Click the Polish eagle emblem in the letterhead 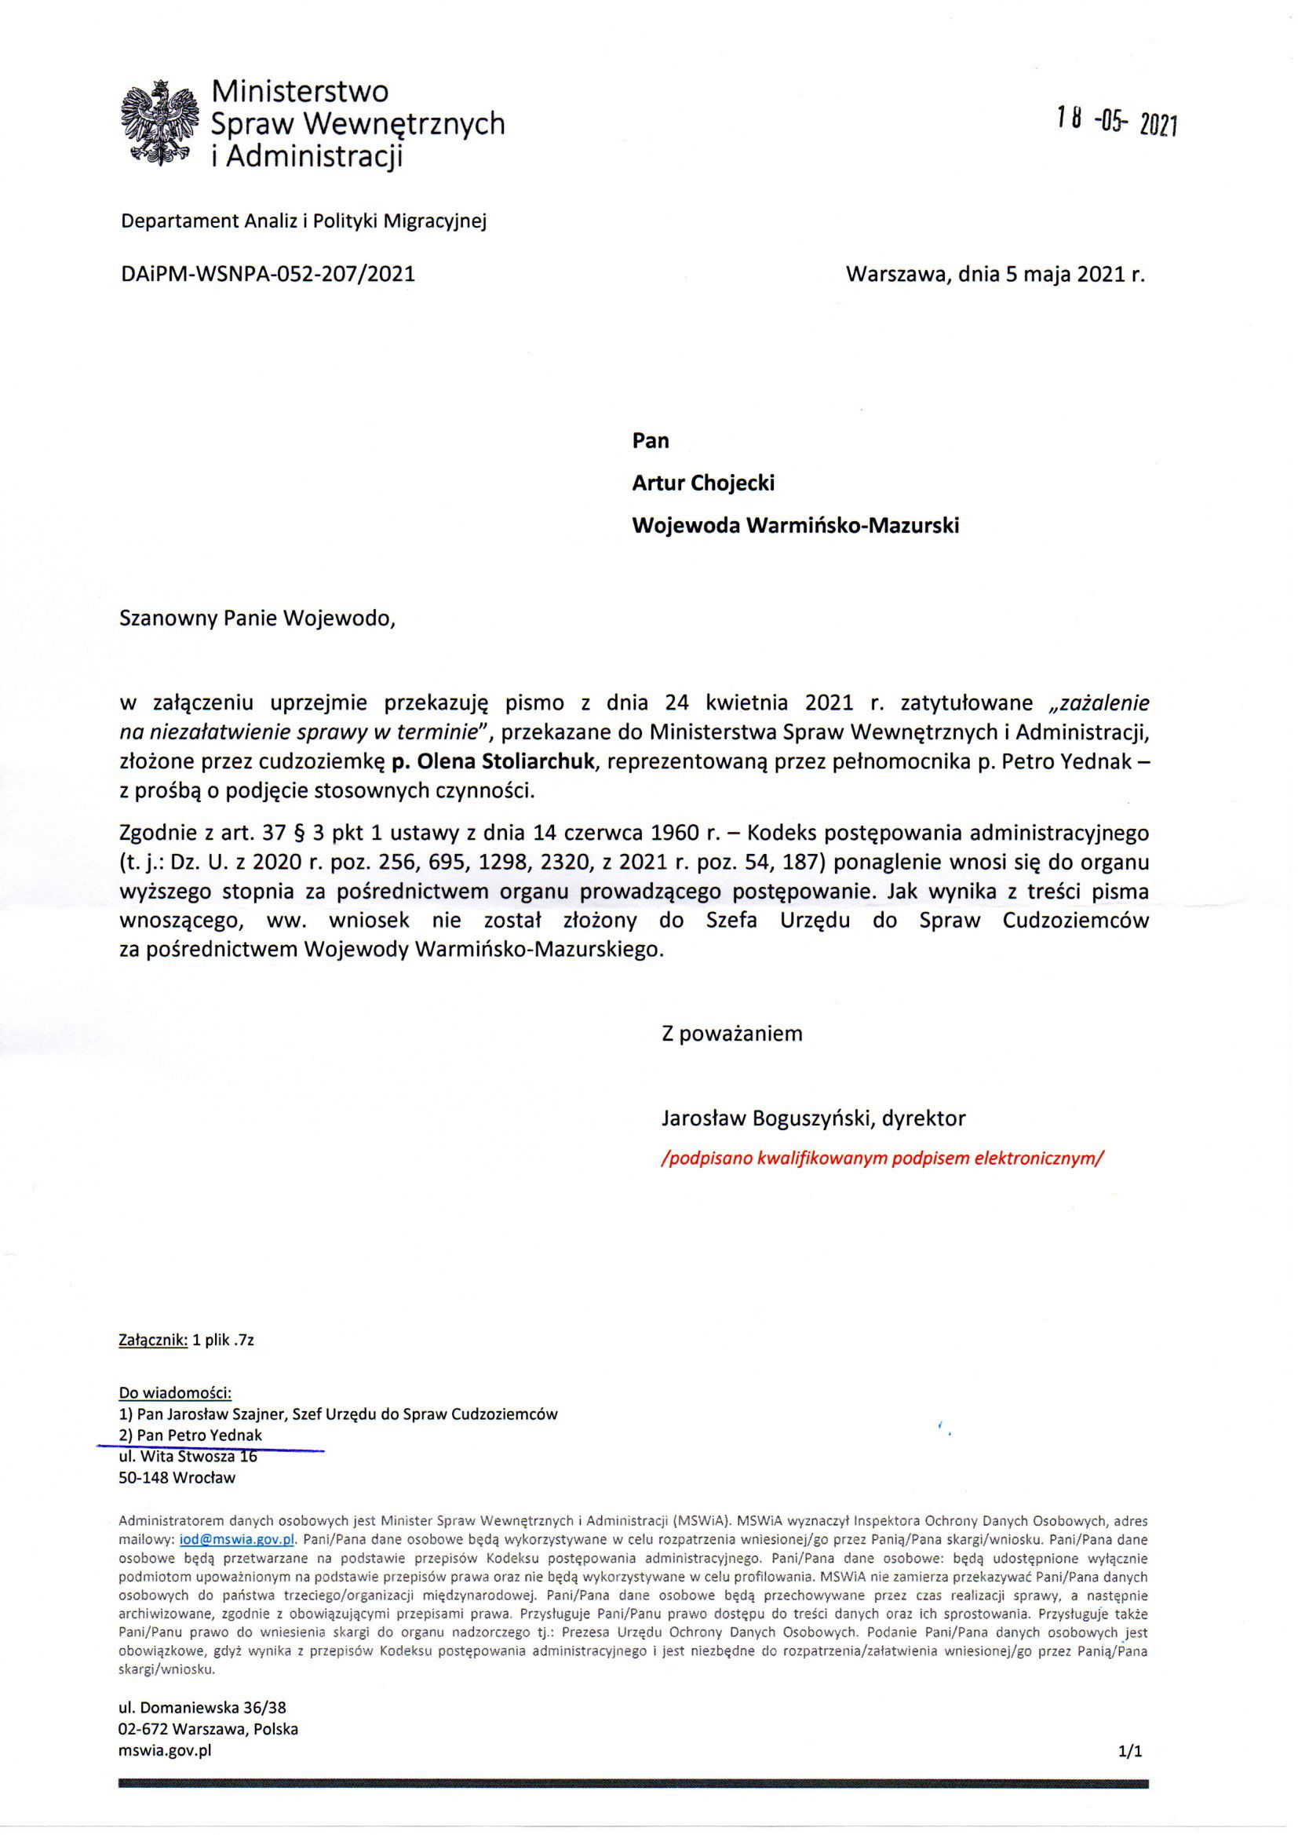point(159,124)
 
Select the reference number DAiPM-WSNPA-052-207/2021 point(268,274)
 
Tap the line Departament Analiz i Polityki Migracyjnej point(303,221)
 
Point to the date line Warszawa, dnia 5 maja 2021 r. point(995,274)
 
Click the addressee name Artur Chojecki point(703,483)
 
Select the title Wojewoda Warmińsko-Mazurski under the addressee point(795,525)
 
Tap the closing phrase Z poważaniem point(731,1034)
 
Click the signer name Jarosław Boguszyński point(767,1118)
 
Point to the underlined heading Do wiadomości point(175,1393)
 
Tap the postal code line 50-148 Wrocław point(177,1478)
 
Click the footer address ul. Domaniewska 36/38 point(202,1707)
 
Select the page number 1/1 point(1131,1752)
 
